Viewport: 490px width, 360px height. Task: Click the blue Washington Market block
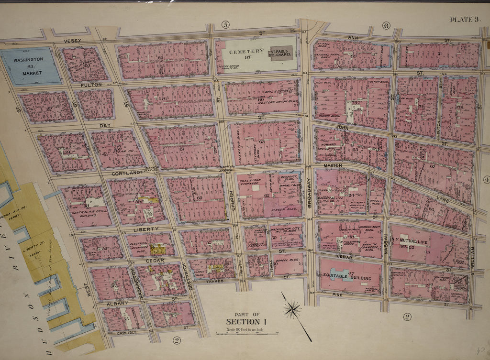tap(31, 66)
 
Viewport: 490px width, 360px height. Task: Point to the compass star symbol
tap(292, 309)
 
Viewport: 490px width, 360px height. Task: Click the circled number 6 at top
tap(386, 25)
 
